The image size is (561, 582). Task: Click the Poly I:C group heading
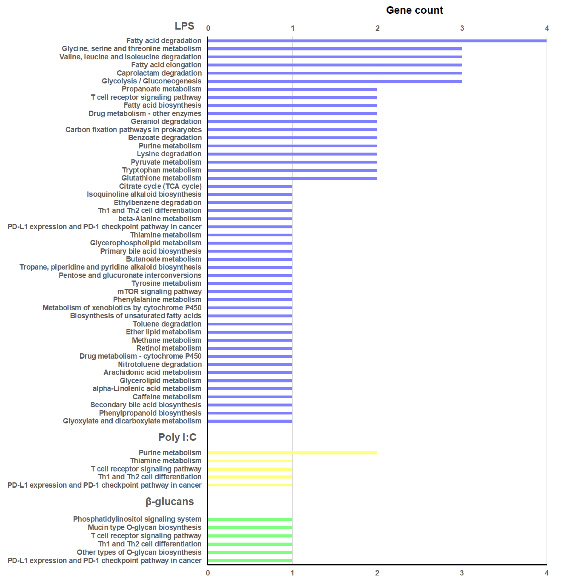[x=177, y=437]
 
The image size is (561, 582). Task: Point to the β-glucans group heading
[x=170, y=502]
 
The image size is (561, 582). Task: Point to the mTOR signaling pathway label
[x=159, y=292]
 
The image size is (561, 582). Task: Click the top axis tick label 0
[x=208, y=28]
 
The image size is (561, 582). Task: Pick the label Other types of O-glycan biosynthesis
[x=139, y=552]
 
